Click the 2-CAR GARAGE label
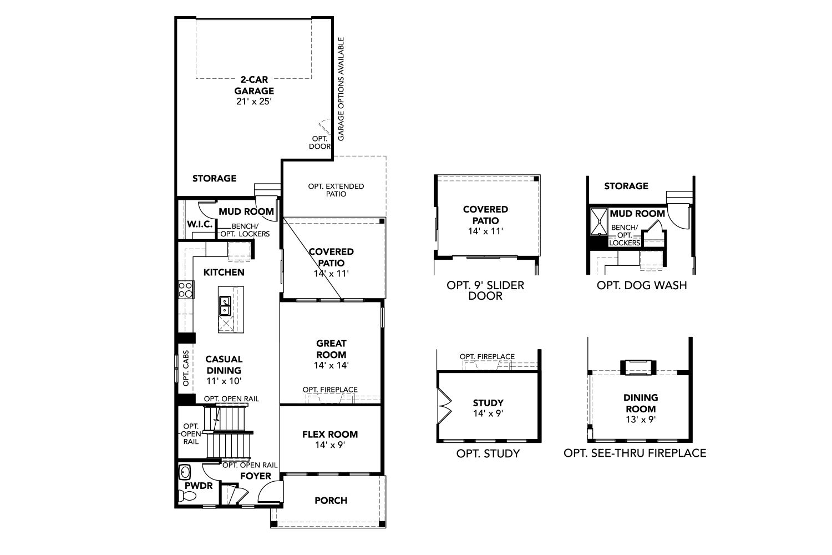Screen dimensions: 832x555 pos(254,85)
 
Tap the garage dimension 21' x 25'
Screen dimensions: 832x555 pos(254,102)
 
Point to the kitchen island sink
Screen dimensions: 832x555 pos(225,306)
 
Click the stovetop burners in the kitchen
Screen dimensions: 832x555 pos(186,290)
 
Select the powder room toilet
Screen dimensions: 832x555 pos(187,496)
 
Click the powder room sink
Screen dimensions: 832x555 pos(185,472)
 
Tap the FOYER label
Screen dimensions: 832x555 pos(256,476)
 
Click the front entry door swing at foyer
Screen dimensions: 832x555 pos(271,491)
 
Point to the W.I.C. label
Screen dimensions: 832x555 pos(200,224)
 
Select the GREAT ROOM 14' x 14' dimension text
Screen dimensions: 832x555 pos(331,365)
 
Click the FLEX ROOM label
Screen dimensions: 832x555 pos(330,434)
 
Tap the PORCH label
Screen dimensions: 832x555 pos(331,501)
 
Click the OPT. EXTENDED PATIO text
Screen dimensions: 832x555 pos(336,190)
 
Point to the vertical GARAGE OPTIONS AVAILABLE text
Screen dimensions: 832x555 pos(341,89)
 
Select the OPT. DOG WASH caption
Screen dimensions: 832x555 pos(642,285)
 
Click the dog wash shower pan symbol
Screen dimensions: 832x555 pos(599,222)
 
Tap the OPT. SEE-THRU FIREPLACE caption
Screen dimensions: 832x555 pos(635,453)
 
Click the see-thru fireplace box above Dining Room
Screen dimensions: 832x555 pos(638,367)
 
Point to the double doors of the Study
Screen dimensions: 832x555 pos(445,406)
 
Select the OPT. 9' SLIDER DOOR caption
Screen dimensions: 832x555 pos(485,290)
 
